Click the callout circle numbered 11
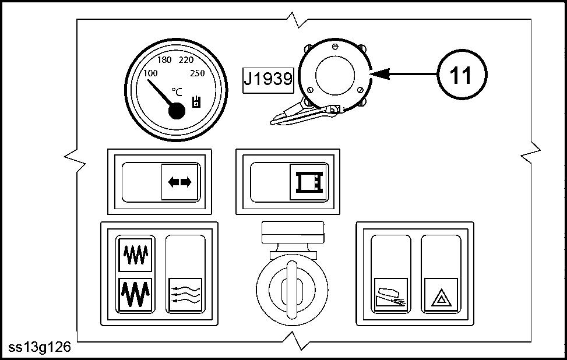click(x=462, y=75)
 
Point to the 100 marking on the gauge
click(x=150, y=73)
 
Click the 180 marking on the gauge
click(x=164, y=60)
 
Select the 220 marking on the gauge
click(x=186, y=60)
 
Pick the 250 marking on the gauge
click(x=198, y=73)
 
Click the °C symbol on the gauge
click(x=177, y=92)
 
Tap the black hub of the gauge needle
click(x=177, y=111)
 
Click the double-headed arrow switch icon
click(x=179, y=182)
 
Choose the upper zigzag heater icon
click(x=136, y=255)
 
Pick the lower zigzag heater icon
click(x=136, y=295)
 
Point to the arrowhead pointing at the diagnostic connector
click(x=380, y=74)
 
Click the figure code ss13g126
click(x=40, y=347)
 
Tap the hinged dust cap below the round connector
click(x=304, y=114)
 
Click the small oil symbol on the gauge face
click(x=196, y=101)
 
